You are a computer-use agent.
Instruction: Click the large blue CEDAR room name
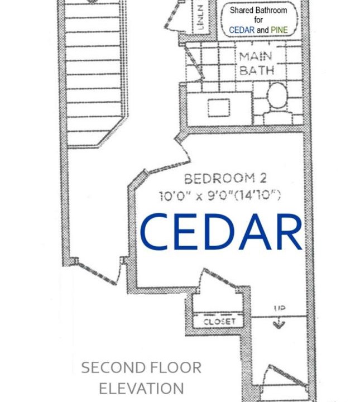click(221, 232)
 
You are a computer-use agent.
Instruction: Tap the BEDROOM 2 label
click(225, 179)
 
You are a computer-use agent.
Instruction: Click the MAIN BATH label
click(257, 63)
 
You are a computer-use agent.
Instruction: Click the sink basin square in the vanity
click(219, 108)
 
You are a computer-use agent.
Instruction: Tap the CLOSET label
click(219, 322)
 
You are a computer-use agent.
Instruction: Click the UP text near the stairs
click(280, 308)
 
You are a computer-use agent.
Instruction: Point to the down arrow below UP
click(279, 324)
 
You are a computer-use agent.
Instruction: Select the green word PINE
click(279, 30)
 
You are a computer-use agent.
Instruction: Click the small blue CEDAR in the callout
click(242, 30)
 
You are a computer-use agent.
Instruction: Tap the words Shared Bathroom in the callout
click(258, 10)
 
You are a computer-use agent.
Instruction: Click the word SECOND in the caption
click(112, 367)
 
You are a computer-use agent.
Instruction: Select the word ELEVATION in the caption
click(141, 388)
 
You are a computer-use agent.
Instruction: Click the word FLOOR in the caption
click(175, 367)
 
